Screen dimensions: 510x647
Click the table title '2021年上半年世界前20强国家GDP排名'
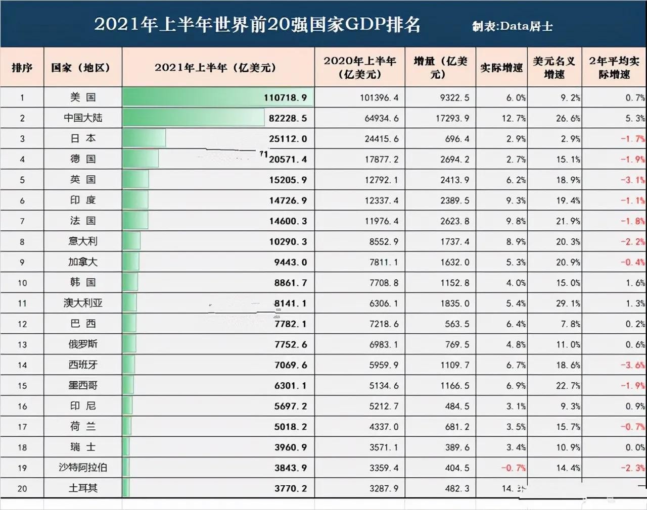[x=257, y=25]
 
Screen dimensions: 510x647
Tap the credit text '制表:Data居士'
[x=512, y=26]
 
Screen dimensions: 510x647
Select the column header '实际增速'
[x=501, y=68]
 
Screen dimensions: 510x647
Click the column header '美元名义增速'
[x=554, y=68]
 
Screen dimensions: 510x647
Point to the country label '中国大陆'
[x=83, y=118]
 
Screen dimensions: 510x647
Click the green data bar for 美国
[x=217, y=97]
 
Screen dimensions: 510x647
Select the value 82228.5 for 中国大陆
[x=288, y=118]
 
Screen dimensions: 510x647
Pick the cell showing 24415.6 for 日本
[x=381, y=139]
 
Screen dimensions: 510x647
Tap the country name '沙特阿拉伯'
[x=83, y=468]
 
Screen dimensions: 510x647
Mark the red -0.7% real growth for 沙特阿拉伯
[x=513, y=468]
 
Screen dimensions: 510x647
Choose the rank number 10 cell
[x=22, y=283]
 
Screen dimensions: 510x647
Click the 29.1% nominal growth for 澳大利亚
[x=568, y=303]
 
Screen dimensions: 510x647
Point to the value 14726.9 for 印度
[x=288, y=200]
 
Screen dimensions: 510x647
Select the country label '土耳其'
[x=83, y=488]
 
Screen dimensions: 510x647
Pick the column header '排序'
[x=22, y=68]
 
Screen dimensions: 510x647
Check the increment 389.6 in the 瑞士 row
[x=457, y=447]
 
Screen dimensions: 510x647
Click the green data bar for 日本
[x=144, y=138]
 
